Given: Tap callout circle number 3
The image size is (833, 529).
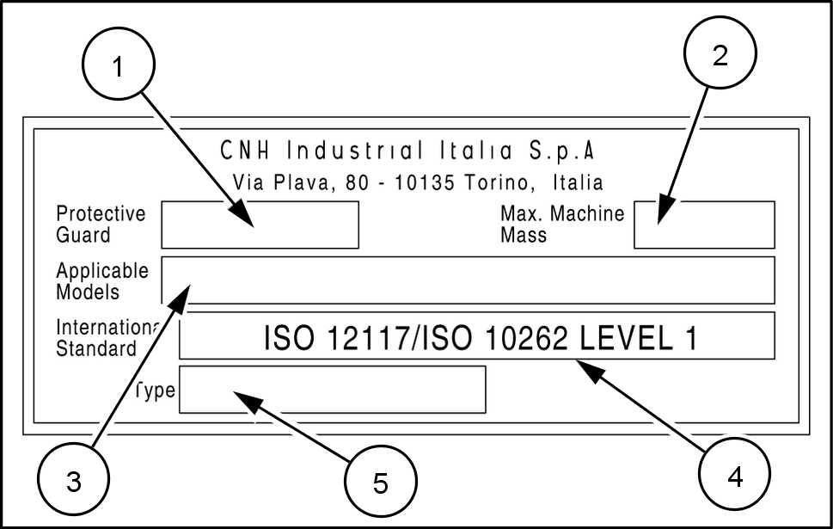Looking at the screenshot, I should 74,480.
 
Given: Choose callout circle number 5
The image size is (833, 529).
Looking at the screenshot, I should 381,482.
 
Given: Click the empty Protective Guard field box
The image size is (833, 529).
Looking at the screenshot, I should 260,225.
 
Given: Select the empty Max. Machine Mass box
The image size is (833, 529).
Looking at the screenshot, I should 704,225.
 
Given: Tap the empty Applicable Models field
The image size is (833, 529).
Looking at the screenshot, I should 468,280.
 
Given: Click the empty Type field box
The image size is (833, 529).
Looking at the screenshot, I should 332,390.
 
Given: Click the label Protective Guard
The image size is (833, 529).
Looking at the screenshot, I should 100,224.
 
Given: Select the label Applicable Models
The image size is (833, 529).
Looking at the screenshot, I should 101,281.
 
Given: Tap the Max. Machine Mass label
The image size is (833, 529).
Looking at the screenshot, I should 561,224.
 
